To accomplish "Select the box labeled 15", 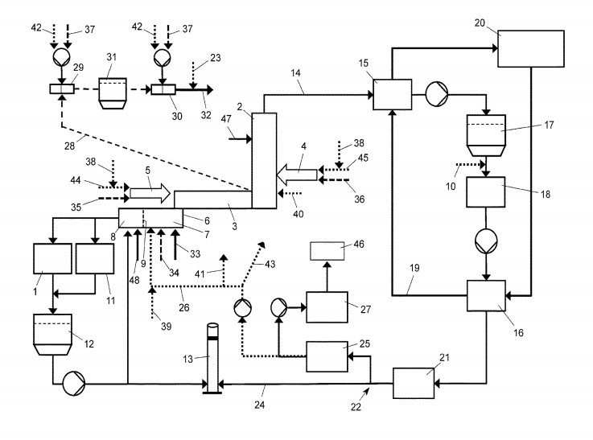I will [392, 94].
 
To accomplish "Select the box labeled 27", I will [326, 306].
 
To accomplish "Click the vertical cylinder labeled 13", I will [212, 357].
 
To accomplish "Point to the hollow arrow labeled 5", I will [150, 193].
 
